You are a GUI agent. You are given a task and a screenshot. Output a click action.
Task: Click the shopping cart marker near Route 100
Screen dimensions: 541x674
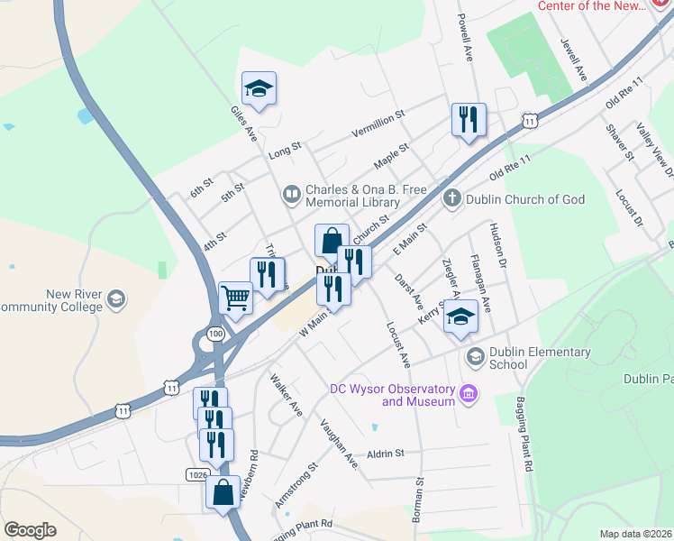235,298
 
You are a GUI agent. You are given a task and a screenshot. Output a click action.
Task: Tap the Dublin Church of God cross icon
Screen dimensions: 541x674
451,198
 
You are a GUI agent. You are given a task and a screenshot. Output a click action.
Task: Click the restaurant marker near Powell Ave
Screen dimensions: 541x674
469,120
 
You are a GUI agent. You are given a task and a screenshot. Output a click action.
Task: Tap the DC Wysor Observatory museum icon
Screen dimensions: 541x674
468,393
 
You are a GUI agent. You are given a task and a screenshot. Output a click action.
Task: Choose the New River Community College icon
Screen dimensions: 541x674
116,298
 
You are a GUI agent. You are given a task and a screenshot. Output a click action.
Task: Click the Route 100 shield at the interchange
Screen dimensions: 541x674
214,334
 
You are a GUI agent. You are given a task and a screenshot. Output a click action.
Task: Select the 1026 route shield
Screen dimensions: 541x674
198,473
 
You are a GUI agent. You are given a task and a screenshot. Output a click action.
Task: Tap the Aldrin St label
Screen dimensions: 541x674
386,454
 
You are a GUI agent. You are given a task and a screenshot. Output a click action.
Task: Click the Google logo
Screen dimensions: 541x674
30,530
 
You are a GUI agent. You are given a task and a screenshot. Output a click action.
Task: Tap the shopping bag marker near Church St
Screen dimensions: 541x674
332,241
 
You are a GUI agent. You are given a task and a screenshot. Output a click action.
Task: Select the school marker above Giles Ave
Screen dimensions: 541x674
259,88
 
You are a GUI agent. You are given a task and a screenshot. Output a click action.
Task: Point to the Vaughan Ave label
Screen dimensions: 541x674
339,444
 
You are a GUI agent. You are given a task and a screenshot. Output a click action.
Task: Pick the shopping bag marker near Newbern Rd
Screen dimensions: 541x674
223,492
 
